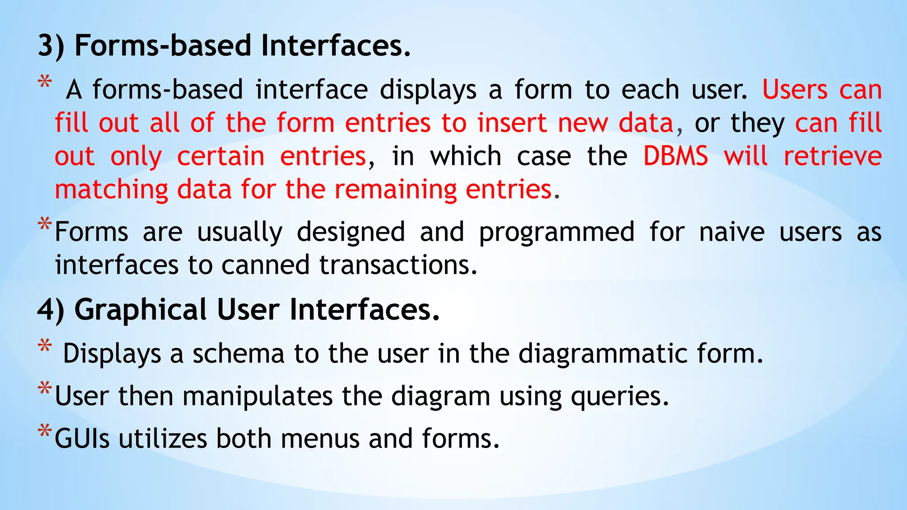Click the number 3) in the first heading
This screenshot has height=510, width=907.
tap(50, 46)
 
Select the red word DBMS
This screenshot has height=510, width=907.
tap(675, 156)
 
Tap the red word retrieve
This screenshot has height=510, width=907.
tap(832, 156)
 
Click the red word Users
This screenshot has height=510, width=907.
tap(795, 90)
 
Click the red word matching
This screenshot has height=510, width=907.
tap(111, 190)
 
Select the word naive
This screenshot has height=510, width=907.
tap(731, 232)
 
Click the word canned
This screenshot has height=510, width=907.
tap(265, 265)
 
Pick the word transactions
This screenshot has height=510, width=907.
tap(398, 265)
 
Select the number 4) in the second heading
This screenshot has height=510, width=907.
tap(50, 310)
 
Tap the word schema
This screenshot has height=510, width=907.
tap(238, 354)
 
